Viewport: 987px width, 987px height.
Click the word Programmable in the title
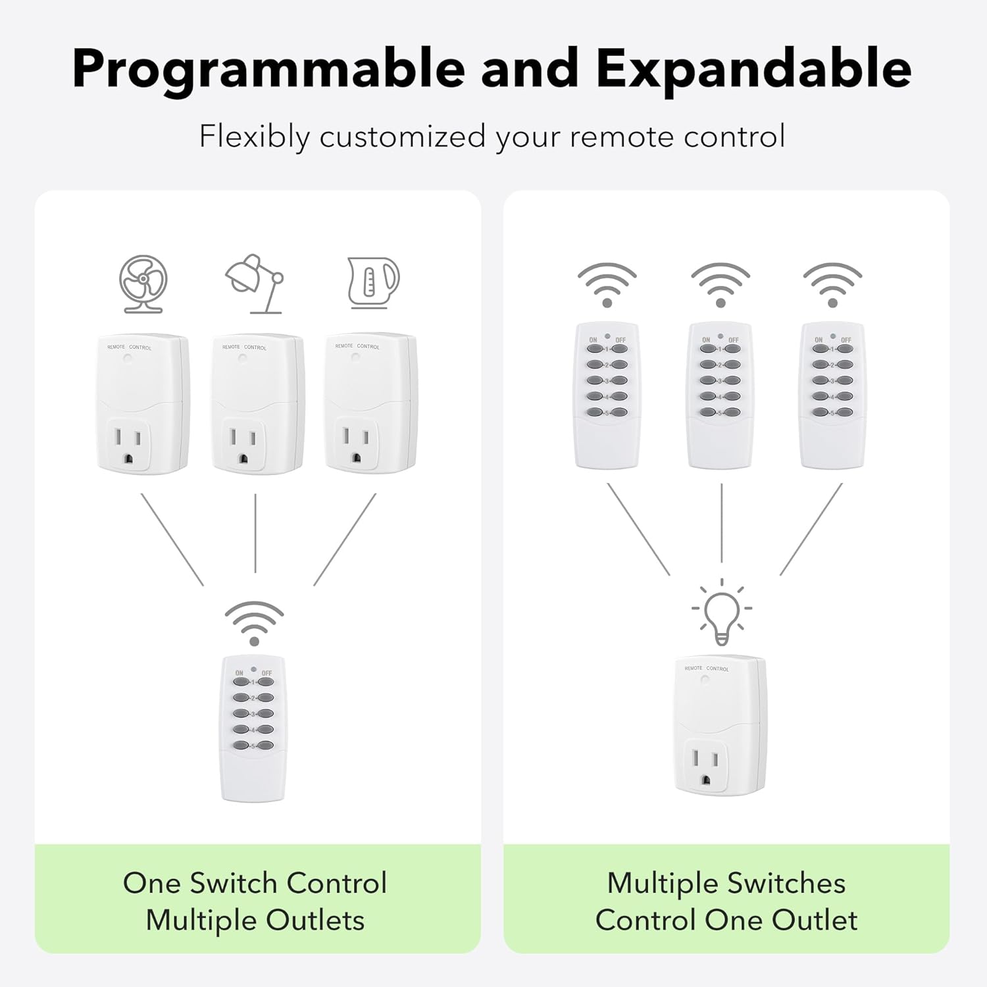coord(268,69)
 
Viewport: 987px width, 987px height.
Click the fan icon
coord(143,284)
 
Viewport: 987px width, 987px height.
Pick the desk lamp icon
coord(255,284)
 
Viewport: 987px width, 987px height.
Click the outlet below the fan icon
coord(143,404)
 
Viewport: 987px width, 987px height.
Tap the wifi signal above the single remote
coord(254,622)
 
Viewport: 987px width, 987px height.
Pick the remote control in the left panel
coord(253,729)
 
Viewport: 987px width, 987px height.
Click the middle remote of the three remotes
coord(721,395)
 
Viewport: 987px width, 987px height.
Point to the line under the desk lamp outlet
coord(255,533)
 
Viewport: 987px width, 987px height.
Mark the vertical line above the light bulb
coord(722,523)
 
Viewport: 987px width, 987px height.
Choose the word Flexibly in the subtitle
coord(254,137)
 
